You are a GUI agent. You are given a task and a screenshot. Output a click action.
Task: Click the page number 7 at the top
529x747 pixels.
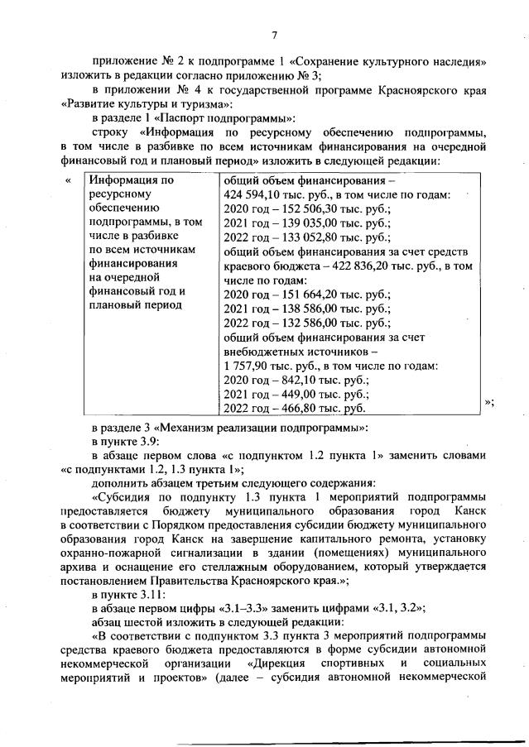274,35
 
